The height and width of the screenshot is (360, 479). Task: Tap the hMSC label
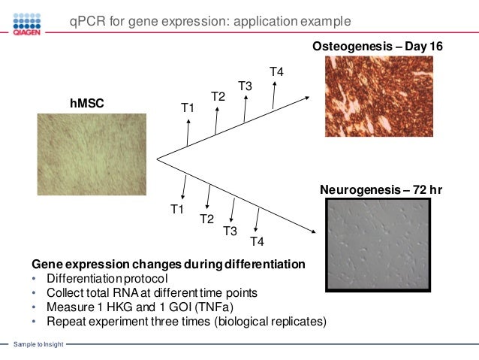[x=86, y=106]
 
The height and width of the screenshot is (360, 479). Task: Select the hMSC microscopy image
[x=85, y=159]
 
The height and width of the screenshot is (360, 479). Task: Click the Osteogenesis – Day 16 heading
[x=378, y=47]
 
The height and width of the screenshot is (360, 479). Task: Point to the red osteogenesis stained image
[x=378, y=97]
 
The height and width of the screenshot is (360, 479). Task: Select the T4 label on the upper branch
[x=276, y=71]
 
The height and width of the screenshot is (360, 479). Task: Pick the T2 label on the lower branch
[x=206, y=219]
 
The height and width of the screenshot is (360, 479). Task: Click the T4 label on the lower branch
[x=257, y=241]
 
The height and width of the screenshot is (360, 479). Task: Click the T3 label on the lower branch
[x=230, y=231]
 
